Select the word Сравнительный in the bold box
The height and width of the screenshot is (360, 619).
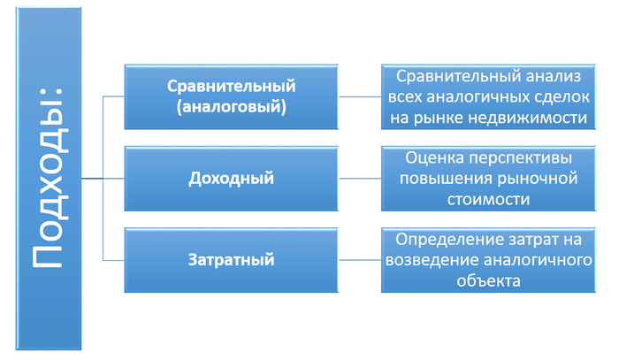[232, 86]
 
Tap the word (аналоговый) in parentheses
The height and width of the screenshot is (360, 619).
[232, 107]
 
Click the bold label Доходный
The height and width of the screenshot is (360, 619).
[232, 178]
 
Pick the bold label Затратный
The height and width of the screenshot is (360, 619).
[232, 260]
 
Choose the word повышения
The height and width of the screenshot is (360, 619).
[445, 179]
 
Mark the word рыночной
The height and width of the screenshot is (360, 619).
[537, 179]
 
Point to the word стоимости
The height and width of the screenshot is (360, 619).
[488, 199]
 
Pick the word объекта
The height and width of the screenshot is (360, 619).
[488, 281]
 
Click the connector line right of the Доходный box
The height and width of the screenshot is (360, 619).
[360, 179]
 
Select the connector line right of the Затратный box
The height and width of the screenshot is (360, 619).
[360, 260]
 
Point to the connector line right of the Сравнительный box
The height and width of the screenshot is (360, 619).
[360, 96]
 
